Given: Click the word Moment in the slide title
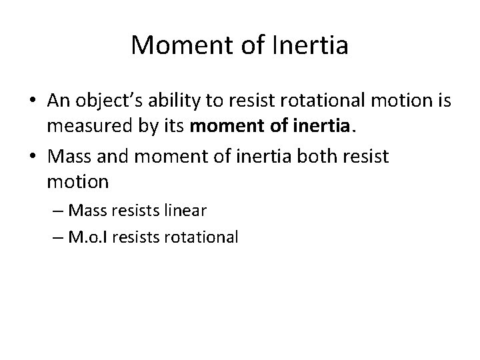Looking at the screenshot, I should (x=173, y=45).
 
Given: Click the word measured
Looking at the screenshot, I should (x=83, y=125).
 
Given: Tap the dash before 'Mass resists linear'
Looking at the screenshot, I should (x=57, y=211).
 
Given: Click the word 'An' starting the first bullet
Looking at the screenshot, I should (x=58, y=101).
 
